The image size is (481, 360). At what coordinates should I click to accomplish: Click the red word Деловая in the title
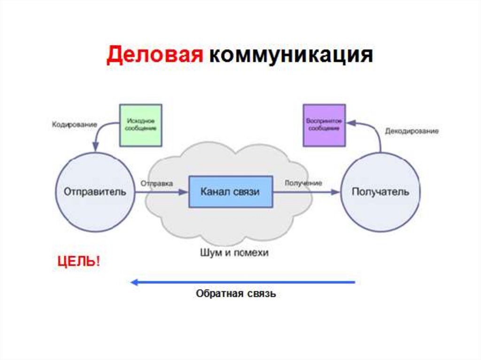click(x=155, y=55)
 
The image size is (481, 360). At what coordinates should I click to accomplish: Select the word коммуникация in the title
click(x=291, y=55)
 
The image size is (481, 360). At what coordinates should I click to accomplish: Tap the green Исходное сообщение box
click(x=141, y=125)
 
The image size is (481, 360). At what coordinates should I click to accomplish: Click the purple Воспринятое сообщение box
click(x=324, y=125)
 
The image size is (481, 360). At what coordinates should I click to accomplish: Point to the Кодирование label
click(x=75, y=125)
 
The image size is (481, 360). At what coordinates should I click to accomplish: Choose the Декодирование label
click(x=412, y=131)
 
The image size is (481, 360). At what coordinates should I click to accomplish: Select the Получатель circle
click(x=380, y=192)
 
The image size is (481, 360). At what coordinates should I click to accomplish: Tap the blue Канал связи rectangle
click(x=230, y=191)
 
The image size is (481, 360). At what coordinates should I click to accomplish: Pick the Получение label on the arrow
click(x=303, y=183)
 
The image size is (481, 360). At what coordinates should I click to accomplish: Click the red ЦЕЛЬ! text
click(x=78, y=261)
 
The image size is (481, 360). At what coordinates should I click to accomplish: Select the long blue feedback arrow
click(x=242, y=282)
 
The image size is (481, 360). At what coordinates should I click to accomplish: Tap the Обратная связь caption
click(x=236, y=294)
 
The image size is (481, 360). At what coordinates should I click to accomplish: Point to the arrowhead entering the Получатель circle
click(x=335, y=192)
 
